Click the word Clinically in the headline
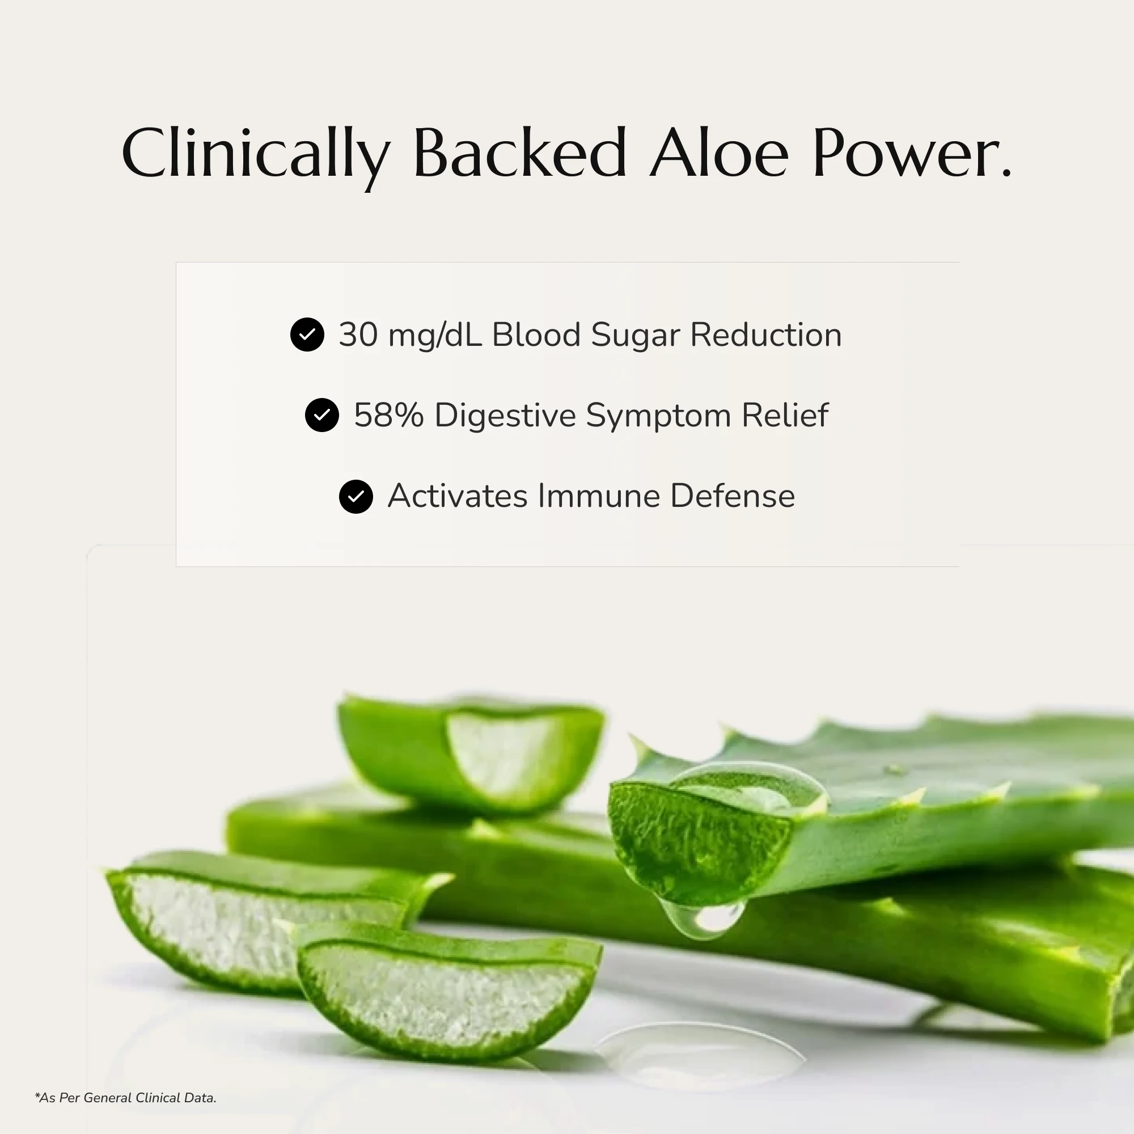point(255,154)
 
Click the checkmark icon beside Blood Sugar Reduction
point(307,335)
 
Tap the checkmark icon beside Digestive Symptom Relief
point(321,415)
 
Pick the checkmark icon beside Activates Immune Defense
point(356,497)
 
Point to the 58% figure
point(388,415)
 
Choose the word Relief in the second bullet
point(784,415)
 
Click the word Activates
point(457,496)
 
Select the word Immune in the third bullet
point(598,496)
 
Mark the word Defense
point(732,496)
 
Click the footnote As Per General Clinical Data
point(126,1098)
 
